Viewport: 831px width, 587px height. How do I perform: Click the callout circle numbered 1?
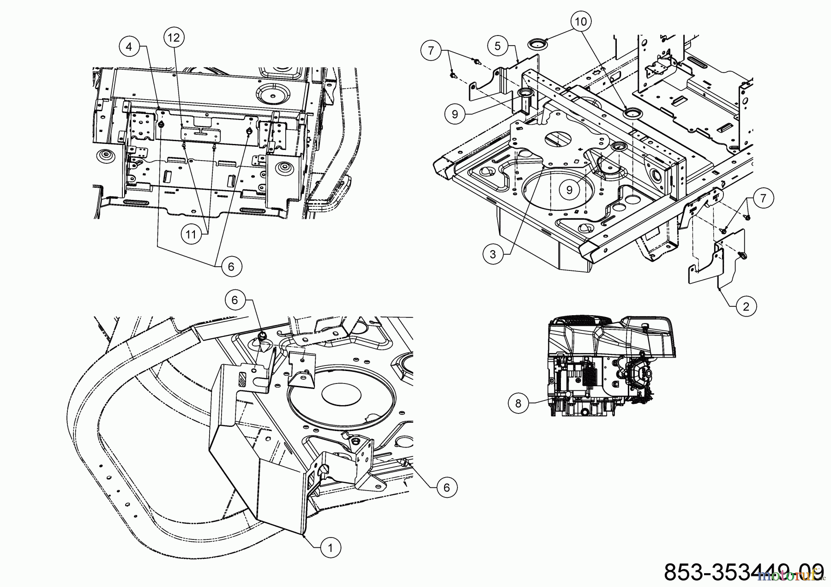pyautogui.click(x=330, y=548)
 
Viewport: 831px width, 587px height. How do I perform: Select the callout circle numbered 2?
pyautogui.click(x=747, y=305)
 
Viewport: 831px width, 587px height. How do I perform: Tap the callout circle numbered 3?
pyautogui.click(x=493, y=254)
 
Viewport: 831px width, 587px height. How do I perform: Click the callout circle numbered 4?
pyautogui.click(x=130, y=46)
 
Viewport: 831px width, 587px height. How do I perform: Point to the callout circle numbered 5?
pyautogui.click(x=497, y=46)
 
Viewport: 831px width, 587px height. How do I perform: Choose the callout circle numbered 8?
pyautogui.click(x=518, y=403)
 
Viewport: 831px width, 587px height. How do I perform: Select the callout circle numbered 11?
pyautogui.click(x=191, y=234)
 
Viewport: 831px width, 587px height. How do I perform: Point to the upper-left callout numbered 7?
pyautogui.click(x=431, y=49)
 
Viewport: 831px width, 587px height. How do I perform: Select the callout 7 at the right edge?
pyautogui.click(x=763, y=198)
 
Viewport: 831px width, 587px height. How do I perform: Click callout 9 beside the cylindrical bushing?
pyautogui.click(x=455, y=114)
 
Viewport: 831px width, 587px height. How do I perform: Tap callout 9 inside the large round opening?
pyautogui.click(x=569, y=189)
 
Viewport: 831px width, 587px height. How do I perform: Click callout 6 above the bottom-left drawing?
pyautogui.click(x=235, y=300)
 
